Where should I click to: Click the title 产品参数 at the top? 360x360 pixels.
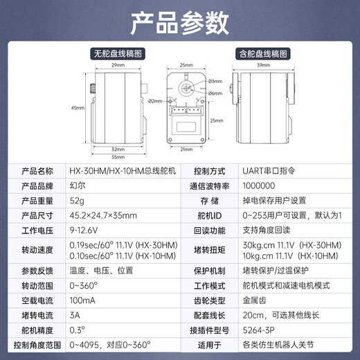click(x=179, y=24)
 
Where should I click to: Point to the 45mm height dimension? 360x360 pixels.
click(x=77, y=108)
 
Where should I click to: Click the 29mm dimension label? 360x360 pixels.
click(x=118, y=65)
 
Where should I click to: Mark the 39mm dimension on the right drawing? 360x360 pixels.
click(x=263, y=65)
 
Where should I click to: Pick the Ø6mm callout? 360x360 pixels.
click(x=215, y=93)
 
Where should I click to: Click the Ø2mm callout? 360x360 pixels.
click(x=154, y=101)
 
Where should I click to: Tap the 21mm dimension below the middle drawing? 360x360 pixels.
click(x=186, y=149)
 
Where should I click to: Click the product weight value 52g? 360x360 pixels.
click(x=77, y=200)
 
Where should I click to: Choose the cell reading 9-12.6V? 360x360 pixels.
click(x=84, y=229)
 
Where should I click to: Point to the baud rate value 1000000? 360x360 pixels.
click(x=260, y=186)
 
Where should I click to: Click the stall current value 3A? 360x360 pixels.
click(x=74, y=316)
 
